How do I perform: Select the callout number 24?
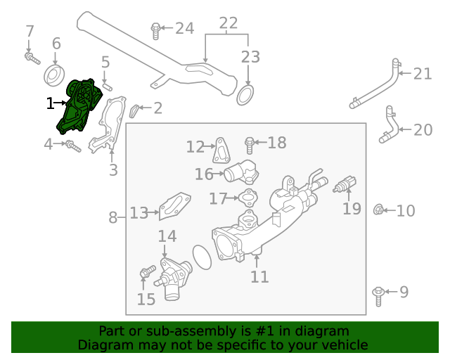(184, 28)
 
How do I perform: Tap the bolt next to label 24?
(155, 30)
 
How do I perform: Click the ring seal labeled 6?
(54, 74)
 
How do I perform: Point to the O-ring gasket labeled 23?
(245, 94)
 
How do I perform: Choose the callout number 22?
(228, 23)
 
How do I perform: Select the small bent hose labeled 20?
(387, 124)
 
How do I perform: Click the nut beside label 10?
(378, 210)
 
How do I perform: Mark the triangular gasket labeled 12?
(221, 150)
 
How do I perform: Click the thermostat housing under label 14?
(172, 276)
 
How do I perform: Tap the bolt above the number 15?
(146, 273)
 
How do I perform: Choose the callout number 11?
(259, 276)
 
